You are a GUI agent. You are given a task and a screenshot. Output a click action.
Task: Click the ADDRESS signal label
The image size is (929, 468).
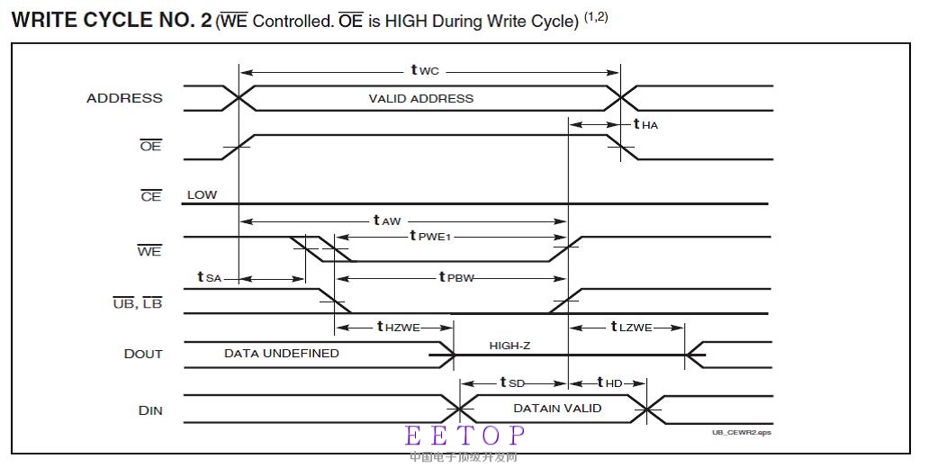tap(124, 98)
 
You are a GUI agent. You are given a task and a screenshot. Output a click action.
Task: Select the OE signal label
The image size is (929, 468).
tap(150, 146)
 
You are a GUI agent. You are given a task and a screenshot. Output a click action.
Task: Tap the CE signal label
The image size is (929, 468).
tap(150, 196)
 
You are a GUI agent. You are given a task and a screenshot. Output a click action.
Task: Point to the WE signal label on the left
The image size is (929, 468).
tap(149, 251)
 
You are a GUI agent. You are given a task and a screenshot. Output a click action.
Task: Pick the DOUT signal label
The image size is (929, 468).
tap(143, 354)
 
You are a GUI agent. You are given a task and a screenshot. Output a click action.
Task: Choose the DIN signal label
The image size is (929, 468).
tap(150, 410)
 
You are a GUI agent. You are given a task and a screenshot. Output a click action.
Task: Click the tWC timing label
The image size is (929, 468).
tap(425, 69)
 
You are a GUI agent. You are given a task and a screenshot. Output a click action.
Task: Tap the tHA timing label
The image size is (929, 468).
tap(645, 124)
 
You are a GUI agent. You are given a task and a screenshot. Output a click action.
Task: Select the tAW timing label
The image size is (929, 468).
tap(387, 220)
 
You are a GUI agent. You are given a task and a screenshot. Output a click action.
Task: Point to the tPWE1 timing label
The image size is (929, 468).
tap(429, 236)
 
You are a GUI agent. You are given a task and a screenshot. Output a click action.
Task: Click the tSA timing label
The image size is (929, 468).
tap(209, 277)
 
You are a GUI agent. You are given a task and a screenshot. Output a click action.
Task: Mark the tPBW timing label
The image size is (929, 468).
tap(455, 277)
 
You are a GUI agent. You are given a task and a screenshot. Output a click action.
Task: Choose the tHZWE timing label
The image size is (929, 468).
tap(399, 327)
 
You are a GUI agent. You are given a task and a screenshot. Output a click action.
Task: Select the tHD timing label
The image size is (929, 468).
tap(610, 383)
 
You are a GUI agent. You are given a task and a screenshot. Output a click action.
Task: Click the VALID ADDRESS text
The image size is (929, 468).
tap(420, 98)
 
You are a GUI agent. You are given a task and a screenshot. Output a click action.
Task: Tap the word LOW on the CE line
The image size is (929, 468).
tap(202, 194)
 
